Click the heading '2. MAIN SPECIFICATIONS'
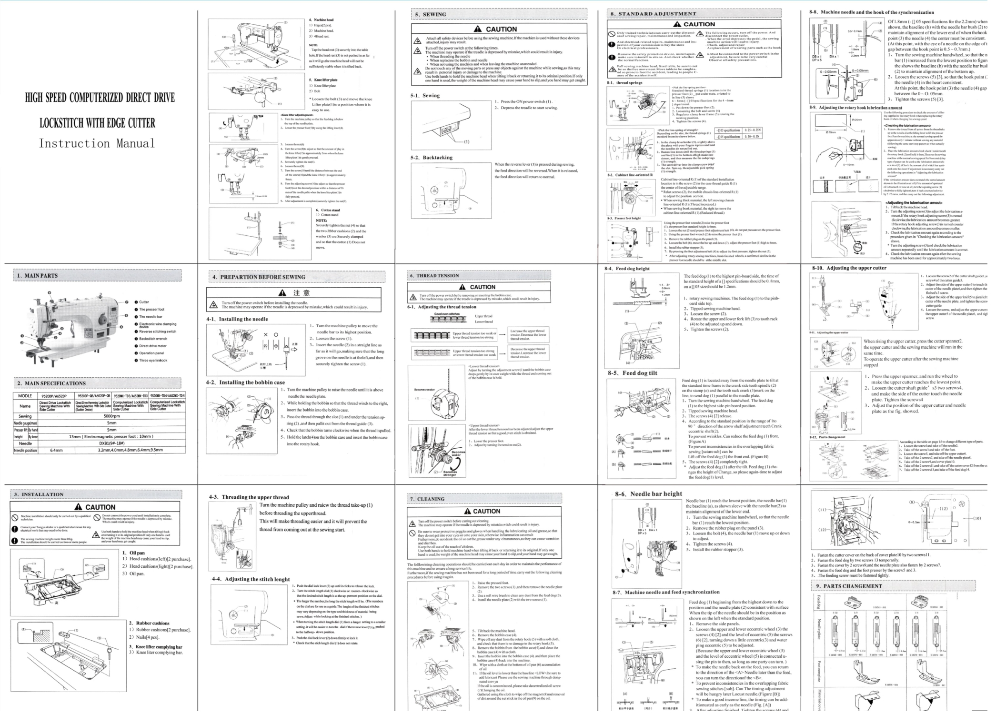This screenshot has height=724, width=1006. (51, 383)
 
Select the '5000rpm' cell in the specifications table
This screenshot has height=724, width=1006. (111, 416)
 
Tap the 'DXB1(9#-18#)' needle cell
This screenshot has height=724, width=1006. (111, 443)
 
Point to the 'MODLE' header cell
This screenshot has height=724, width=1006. (25, 396)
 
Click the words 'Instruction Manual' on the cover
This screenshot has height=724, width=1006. (97, 143)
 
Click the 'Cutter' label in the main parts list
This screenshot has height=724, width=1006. (144, 302)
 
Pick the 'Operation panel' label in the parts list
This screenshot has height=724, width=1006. (151, 353)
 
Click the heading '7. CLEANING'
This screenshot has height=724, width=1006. (427, 499)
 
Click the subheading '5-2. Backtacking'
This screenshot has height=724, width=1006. (432, 158)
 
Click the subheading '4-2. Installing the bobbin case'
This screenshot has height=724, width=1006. (245, 382)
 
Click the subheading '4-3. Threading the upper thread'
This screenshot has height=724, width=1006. (249, 497)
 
